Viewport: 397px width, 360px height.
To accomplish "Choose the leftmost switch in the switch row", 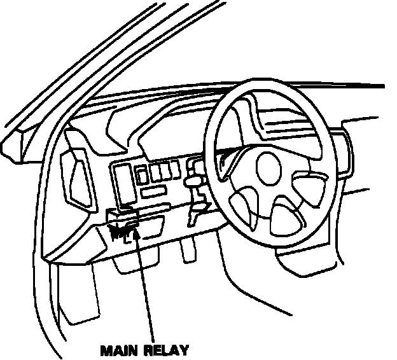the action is (142, 174).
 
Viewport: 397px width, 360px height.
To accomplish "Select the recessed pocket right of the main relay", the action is (153, 228).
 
